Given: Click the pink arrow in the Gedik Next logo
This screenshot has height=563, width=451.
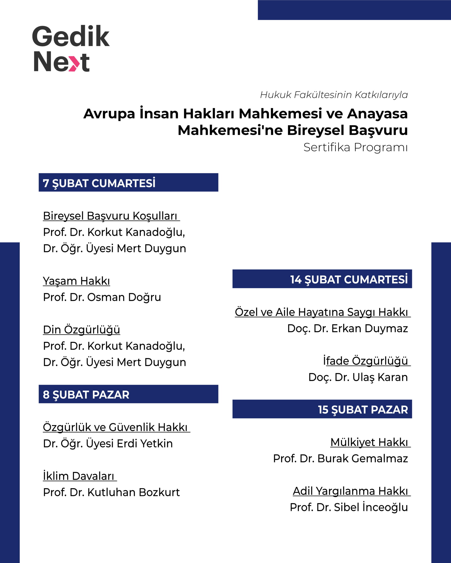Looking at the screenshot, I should coord(74,63).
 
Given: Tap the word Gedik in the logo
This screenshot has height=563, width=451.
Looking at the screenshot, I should coord(71,37).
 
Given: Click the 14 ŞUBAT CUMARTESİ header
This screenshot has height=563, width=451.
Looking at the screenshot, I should coord(349,280).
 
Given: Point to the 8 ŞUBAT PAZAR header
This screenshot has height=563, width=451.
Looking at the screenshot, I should coord(86,395).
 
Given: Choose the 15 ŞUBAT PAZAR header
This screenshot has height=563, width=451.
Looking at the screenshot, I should coord(363,409).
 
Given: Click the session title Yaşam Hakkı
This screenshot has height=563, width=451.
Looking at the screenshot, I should coord(76,281).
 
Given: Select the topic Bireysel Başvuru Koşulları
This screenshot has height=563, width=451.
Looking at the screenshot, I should coord(110,216).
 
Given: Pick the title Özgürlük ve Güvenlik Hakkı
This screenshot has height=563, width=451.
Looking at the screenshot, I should coord(115,427).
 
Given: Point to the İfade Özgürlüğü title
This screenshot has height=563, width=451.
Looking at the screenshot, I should coord(365,361).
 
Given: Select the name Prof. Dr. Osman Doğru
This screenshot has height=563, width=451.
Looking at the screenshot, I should coord(102,297).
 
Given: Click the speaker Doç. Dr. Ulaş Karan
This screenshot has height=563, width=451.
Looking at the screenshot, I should coord(358,377).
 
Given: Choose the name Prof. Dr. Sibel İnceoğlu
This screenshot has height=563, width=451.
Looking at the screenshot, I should coord(349,507).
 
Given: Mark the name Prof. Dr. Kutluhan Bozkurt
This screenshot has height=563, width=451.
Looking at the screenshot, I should coord(111,492).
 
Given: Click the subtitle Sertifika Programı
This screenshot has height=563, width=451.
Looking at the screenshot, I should coord(355,147).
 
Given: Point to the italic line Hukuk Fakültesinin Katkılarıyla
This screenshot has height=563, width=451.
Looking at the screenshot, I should coord(334,95).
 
